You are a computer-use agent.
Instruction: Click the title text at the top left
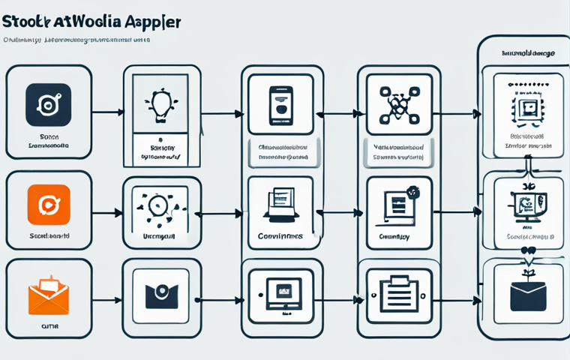(x=91, y=20)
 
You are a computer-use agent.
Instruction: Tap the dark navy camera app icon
(x=48, y=104)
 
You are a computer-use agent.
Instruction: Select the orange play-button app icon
(x=48, y=205)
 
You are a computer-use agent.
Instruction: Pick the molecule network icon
(x=395, y=105)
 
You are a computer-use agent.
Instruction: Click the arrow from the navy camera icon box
(x=106, y=113)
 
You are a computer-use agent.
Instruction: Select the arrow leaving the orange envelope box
(x=106, y=300)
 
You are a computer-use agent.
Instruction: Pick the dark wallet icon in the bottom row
(x=160, y=293)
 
